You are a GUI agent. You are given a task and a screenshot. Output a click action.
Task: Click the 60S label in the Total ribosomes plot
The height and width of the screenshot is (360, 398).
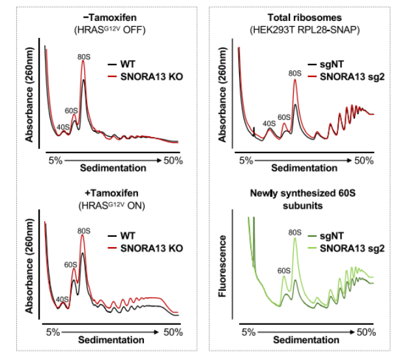[285, 117]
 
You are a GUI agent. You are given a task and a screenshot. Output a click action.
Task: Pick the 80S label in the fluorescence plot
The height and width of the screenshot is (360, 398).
[295, 231]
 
